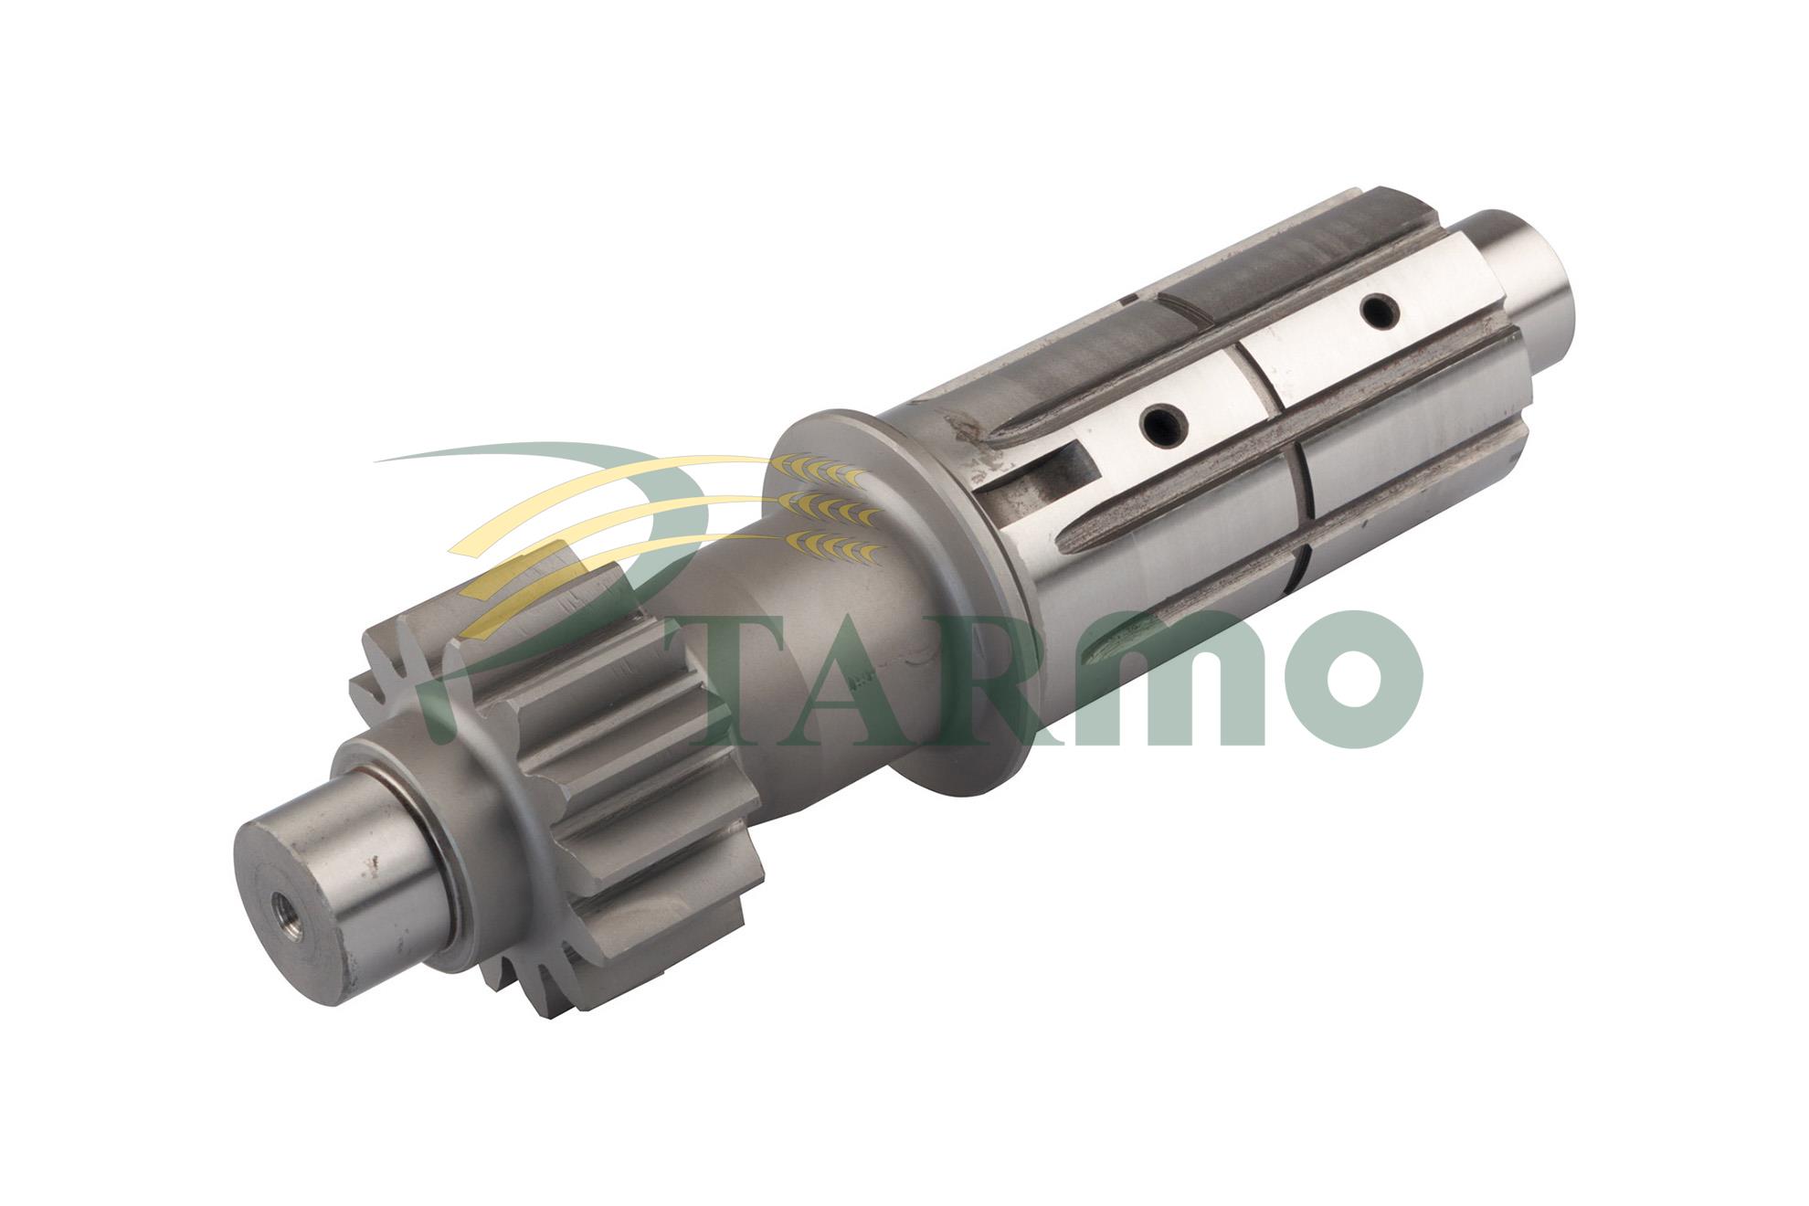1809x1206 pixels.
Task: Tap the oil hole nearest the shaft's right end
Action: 1381,312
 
